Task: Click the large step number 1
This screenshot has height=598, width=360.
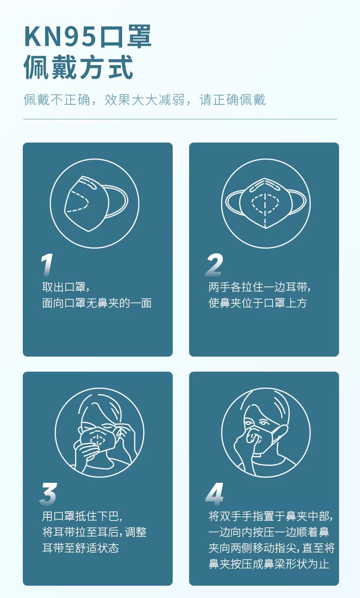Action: [47, 265]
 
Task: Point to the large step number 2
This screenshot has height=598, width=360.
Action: [214, 265]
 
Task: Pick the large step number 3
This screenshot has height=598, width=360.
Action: [48, 494]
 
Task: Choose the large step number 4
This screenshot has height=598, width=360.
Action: [215, 494]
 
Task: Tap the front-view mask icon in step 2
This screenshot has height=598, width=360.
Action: [266, 204]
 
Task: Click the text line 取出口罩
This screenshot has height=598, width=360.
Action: [64, 287]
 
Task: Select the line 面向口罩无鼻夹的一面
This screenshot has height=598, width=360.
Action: [97, 303]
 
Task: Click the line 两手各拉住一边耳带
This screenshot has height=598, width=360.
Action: [260, 287]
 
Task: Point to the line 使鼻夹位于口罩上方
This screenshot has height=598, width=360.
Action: [257, 303]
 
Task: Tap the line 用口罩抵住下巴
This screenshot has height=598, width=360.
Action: [82, 516]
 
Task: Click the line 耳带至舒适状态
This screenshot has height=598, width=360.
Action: [81, 548]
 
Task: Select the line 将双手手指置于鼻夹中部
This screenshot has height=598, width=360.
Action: [271, 516]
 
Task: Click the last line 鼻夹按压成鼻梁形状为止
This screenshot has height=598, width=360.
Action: [268, 564]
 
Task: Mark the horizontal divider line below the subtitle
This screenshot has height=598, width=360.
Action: [180, 119]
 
